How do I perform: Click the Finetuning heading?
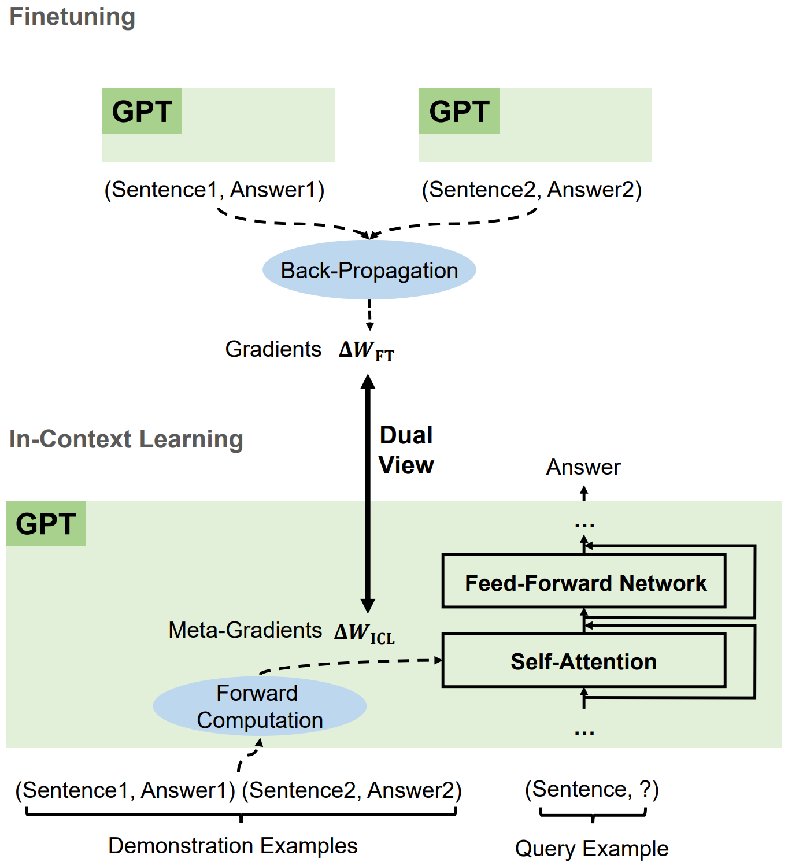coord(72,17)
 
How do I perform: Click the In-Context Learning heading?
coord(126,439)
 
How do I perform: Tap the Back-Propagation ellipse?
coord(369,270)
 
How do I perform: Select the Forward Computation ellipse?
coord(259,706)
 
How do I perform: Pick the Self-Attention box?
coord(584,661)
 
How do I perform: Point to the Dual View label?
coord(406,450)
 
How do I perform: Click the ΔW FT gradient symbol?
coord(366,350)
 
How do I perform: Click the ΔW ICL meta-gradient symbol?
coord(364,632)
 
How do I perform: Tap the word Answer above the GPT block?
coord(583,467)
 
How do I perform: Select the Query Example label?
coord(591,848)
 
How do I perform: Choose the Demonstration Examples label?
coord(233,845)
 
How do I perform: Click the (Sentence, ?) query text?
coord(591,789)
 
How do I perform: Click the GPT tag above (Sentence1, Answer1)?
coord(142,112)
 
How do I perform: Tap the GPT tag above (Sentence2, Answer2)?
coord(459,112)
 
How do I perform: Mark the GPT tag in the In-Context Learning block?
coord(46,524)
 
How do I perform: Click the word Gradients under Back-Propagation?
coord(273,349)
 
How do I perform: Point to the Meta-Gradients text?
coord(245,630)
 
